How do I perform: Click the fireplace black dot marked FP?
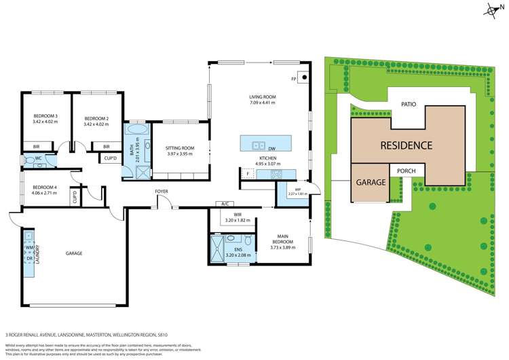[304, 77]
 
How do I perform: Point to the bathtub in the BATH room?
[136, 128]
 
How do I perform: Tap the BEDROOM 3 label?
[45, 117]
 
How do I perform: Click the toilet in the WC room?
[30, 160]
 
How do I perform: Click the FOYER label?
[161, 192]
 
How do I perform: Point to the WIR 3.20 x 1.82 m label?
[237, 217]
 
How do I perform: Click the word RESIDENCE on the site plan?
[406, 145]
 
